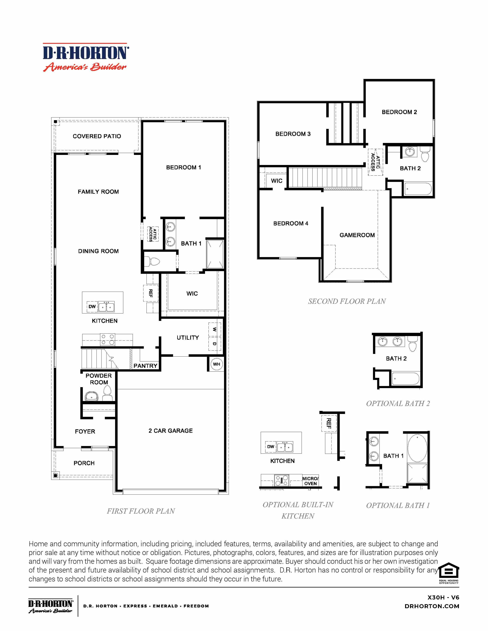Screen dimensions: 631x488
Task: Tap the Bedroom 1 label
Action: [183, 167]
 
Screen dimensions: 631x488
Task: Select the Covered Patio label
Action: [97, 136]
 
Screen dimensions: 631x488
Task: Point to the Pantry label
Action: [145, 366]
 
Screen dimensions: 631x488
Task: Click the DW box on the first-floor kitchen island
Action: [92, 307]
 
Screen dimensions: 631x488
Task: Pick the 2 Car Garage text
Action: [171, 430]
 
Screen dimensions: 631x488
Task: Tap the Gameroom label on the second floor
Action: [357, 235]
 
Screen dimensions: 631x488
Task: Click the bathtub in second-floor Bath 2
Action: [418, 189]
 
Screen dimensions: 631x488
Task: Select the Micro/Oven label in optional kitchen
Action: [310, 481]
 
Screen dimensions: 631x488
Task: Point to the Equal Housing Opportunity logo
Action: [448, 573]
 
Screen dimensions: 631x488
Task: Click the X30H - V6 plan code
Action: [443, 598]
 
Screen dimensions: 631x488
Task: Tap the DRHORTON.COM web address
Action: [432, 606]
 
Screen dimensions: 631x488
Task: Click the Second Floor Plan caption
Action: [347, 301]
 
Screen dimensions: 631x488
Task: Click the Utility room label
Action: [188, 338]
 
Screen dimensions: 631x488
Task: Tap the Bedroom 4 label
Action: [291, 223]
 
